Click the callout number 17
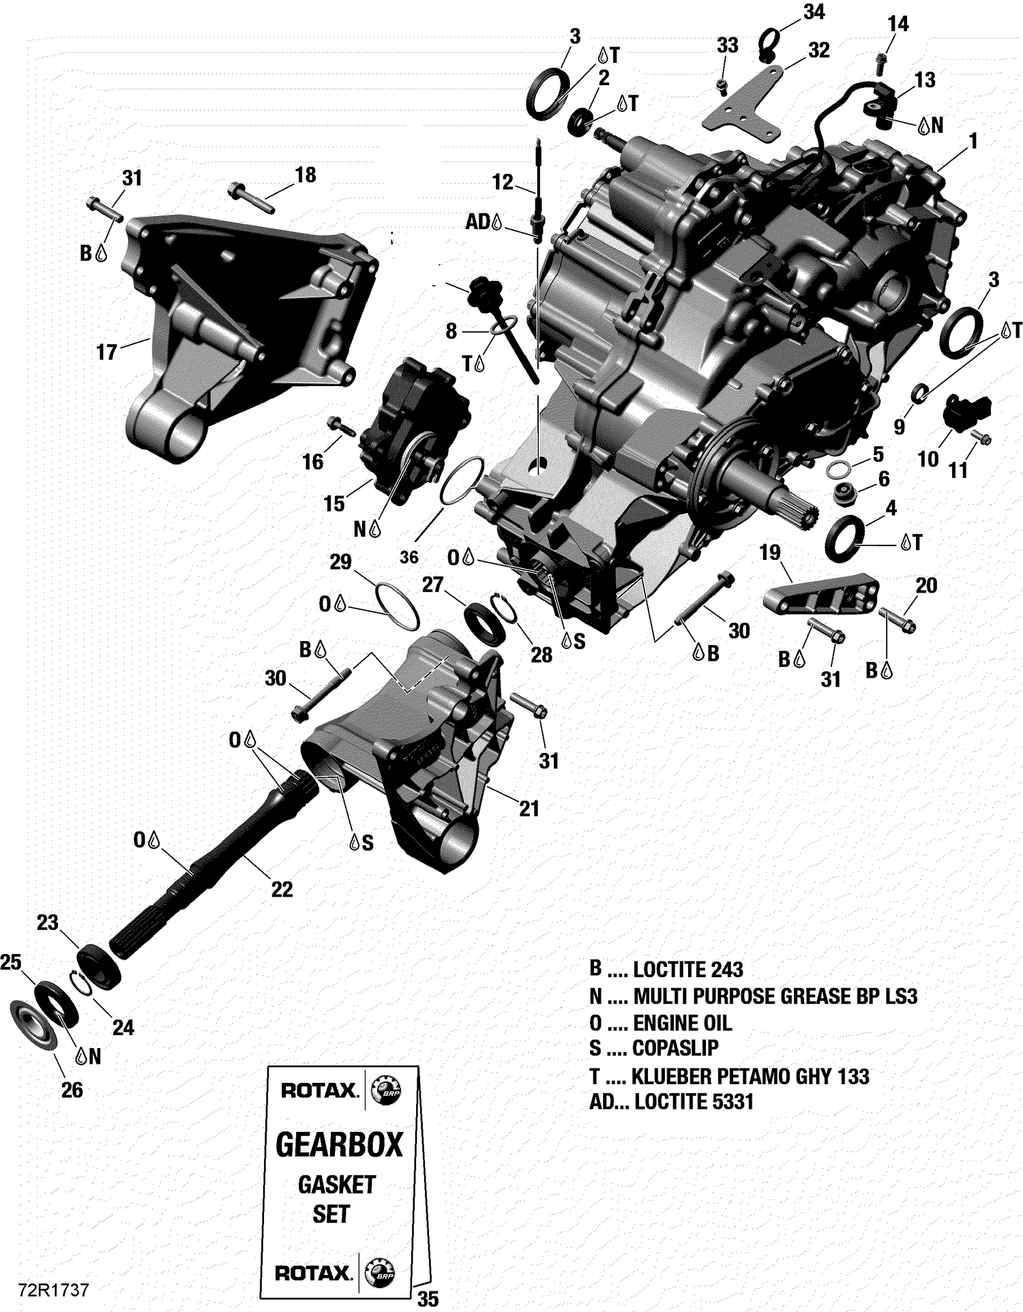tap(106, 352)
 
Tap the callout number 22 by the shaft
tap(282, 889)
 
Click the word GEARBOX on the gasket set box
tap(339, 1145)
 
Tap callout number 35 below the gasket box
tap(428, 1299)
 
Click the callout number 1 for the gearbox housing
tap(973, 141)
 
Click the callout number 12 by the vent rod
tap(503, 181)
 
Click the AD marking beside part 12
tap(477, 222)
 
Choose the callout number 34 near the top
tap(814, 12)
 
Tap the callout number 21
tap(529, 809)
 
